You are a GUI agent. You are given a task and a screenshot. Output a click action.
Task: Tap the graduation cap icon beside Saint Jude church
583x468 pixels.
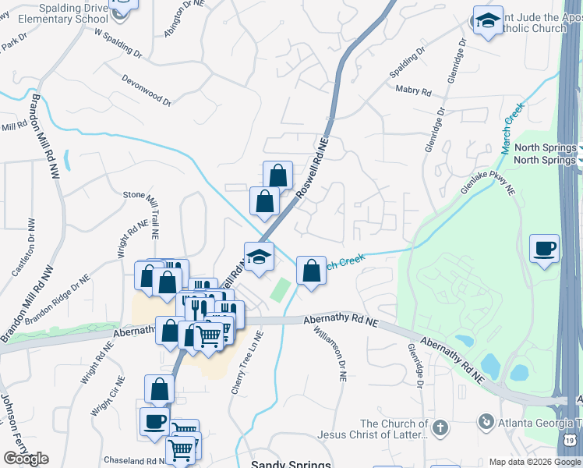488,22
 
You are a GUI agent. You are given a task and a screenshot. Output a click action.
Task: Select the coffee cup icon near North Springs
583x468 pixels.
544,249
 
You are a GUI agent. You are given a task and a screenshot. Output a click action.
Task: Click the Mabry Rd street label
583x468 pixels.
412,91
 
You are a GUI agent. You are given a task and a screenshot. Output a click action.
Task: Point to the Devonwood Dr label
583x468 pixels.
146,90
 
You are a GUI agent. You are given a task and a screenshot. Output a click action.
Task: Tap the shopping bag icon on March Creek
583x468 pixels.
311,271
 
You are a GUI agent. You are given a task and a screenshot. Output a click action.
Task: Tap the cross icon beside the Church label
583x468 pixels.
440,427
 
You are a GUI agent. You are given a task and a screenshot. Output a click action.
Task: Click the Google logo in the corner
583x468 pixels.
25,459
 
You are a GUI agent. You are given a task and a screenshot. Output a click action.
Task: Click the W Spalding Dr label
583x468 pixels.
118,44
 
